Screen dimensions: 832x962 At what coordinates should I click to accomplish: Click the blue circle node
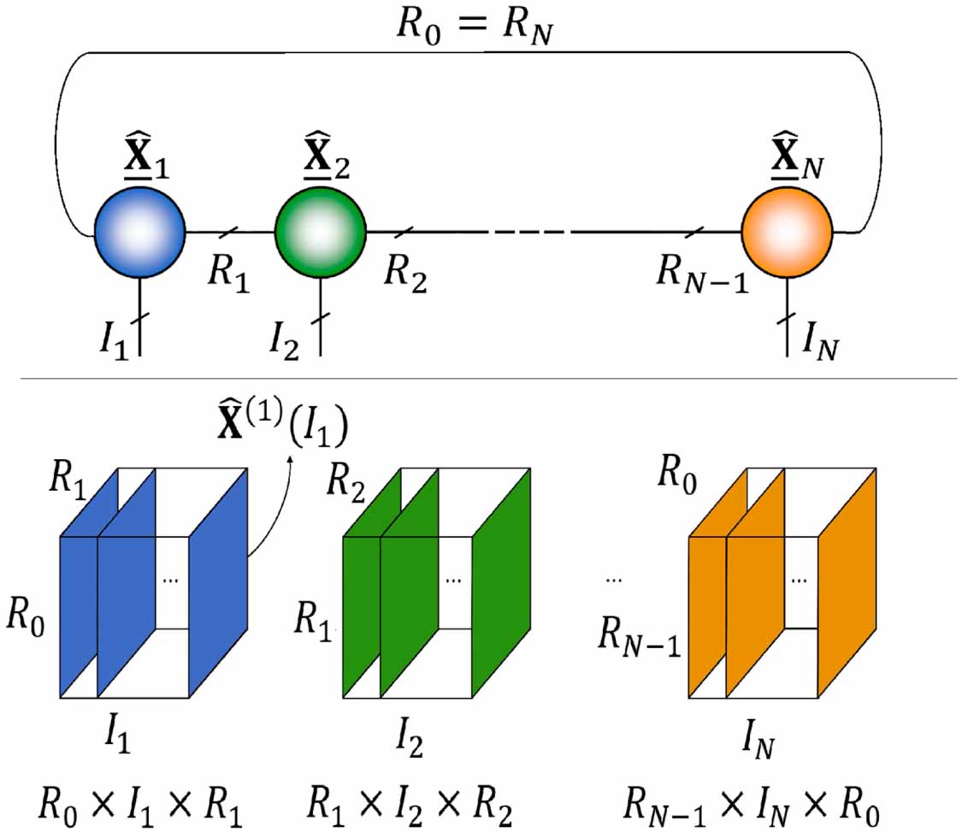pos(139,231)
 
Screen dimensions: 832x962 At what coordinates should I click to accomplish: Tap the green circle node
pos(320,231)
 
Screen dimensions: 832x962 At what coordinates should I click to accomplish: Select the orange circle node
pos(786,231)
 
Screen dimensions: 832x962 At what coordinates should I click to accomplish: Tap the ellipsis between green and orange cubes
pos(612,581)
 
